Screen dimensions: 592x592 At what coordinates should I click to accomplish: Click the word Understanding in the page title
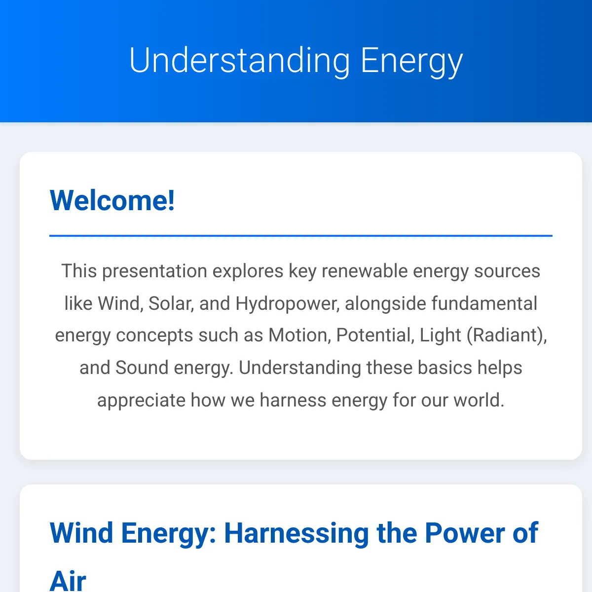click(x=240, y=61)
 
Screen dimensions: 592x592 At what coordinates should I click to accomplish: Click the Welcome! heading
click(x=112, y=200)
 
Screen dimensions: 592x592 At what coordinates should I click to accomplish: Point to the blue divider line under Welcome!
click(x=301, y=236)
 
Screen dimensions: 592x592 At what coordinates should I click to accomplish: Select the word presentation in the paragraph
click(x=154, y=271)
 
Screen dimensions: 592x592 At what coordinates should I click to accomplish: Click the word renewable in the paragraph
click(x=365, y=271)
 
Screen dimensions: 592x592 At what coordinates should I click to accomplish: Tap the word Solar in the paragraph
click(x=171, y=303)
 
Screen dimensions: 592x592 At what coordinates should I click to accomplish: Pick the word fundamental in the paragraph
click(x=484, y=303)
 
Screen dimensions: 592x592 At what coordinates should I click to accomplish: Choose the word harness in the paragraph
click(x=293, y=400)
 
